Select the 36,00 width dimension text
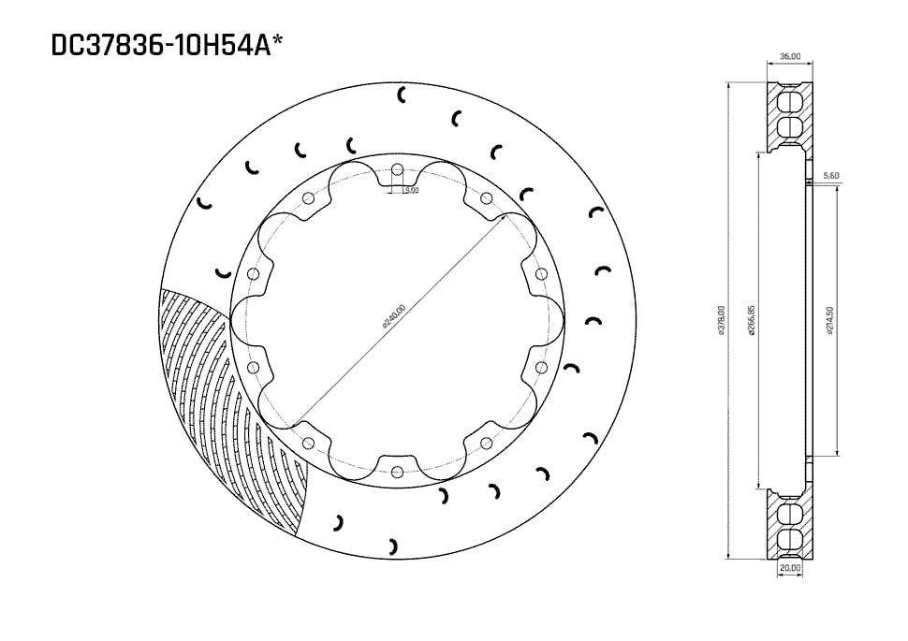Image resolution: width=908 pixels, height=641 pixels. [x=790, y=56]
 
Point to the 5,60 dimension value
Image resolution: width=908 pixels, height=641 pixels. [x=830, y=175]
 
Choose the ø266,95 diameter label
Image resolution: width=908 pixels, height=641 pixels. [x=752, y=321]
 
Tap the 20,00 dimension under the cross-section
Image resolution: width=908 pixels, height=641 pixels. [x=790, y=567]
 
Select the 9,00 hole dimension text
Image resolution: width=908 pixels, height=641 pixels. [x=411, y=190]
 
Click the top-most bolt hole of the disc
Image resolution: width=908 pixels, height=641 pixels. [x=397, y=170]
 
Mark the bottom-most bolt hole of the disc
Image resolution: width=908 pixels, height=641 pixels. [x=397, y=471]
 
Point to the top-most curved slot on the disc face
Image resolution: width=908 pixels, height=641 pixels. [x=403, y=94]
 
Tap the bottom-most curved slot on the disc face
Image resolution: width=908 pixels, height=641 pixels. [x=394, y=544]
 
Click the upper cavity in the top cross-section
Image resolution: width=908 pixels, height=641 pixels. [x=790, y=101]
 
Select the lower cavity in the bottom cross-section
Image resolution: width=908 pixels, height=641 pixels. [x=790, y=538]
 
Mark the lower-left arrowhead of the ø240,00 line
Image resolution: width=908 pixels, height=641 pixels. [x=298, y=420]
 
